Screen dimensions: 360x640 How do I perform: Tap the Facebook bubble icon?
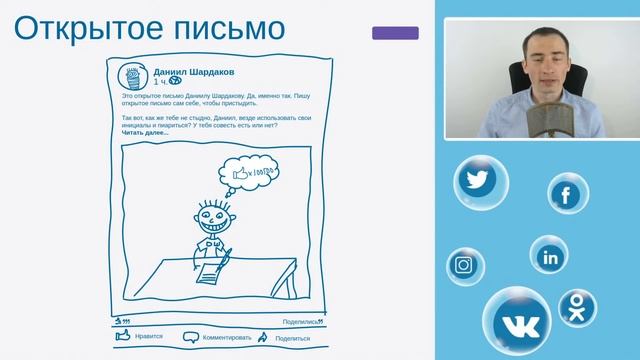(568, 194)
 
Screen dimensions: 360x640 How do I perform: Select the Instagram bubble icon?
(463, 265)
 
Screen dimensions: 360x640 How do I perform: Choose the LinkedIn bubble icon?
(550, 256)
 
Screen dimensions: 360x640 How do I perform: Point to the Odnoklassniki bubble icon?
(577, 308)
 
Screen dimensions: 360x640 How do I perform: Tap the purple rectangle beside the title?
(395, 33)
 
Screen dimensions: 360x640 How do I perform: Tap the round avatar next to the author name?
(134, 77)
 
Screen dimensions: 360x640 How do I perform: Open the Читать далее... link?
(145, 132)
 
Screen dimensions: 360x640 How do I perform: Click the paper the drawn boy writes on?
(213, 268)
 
